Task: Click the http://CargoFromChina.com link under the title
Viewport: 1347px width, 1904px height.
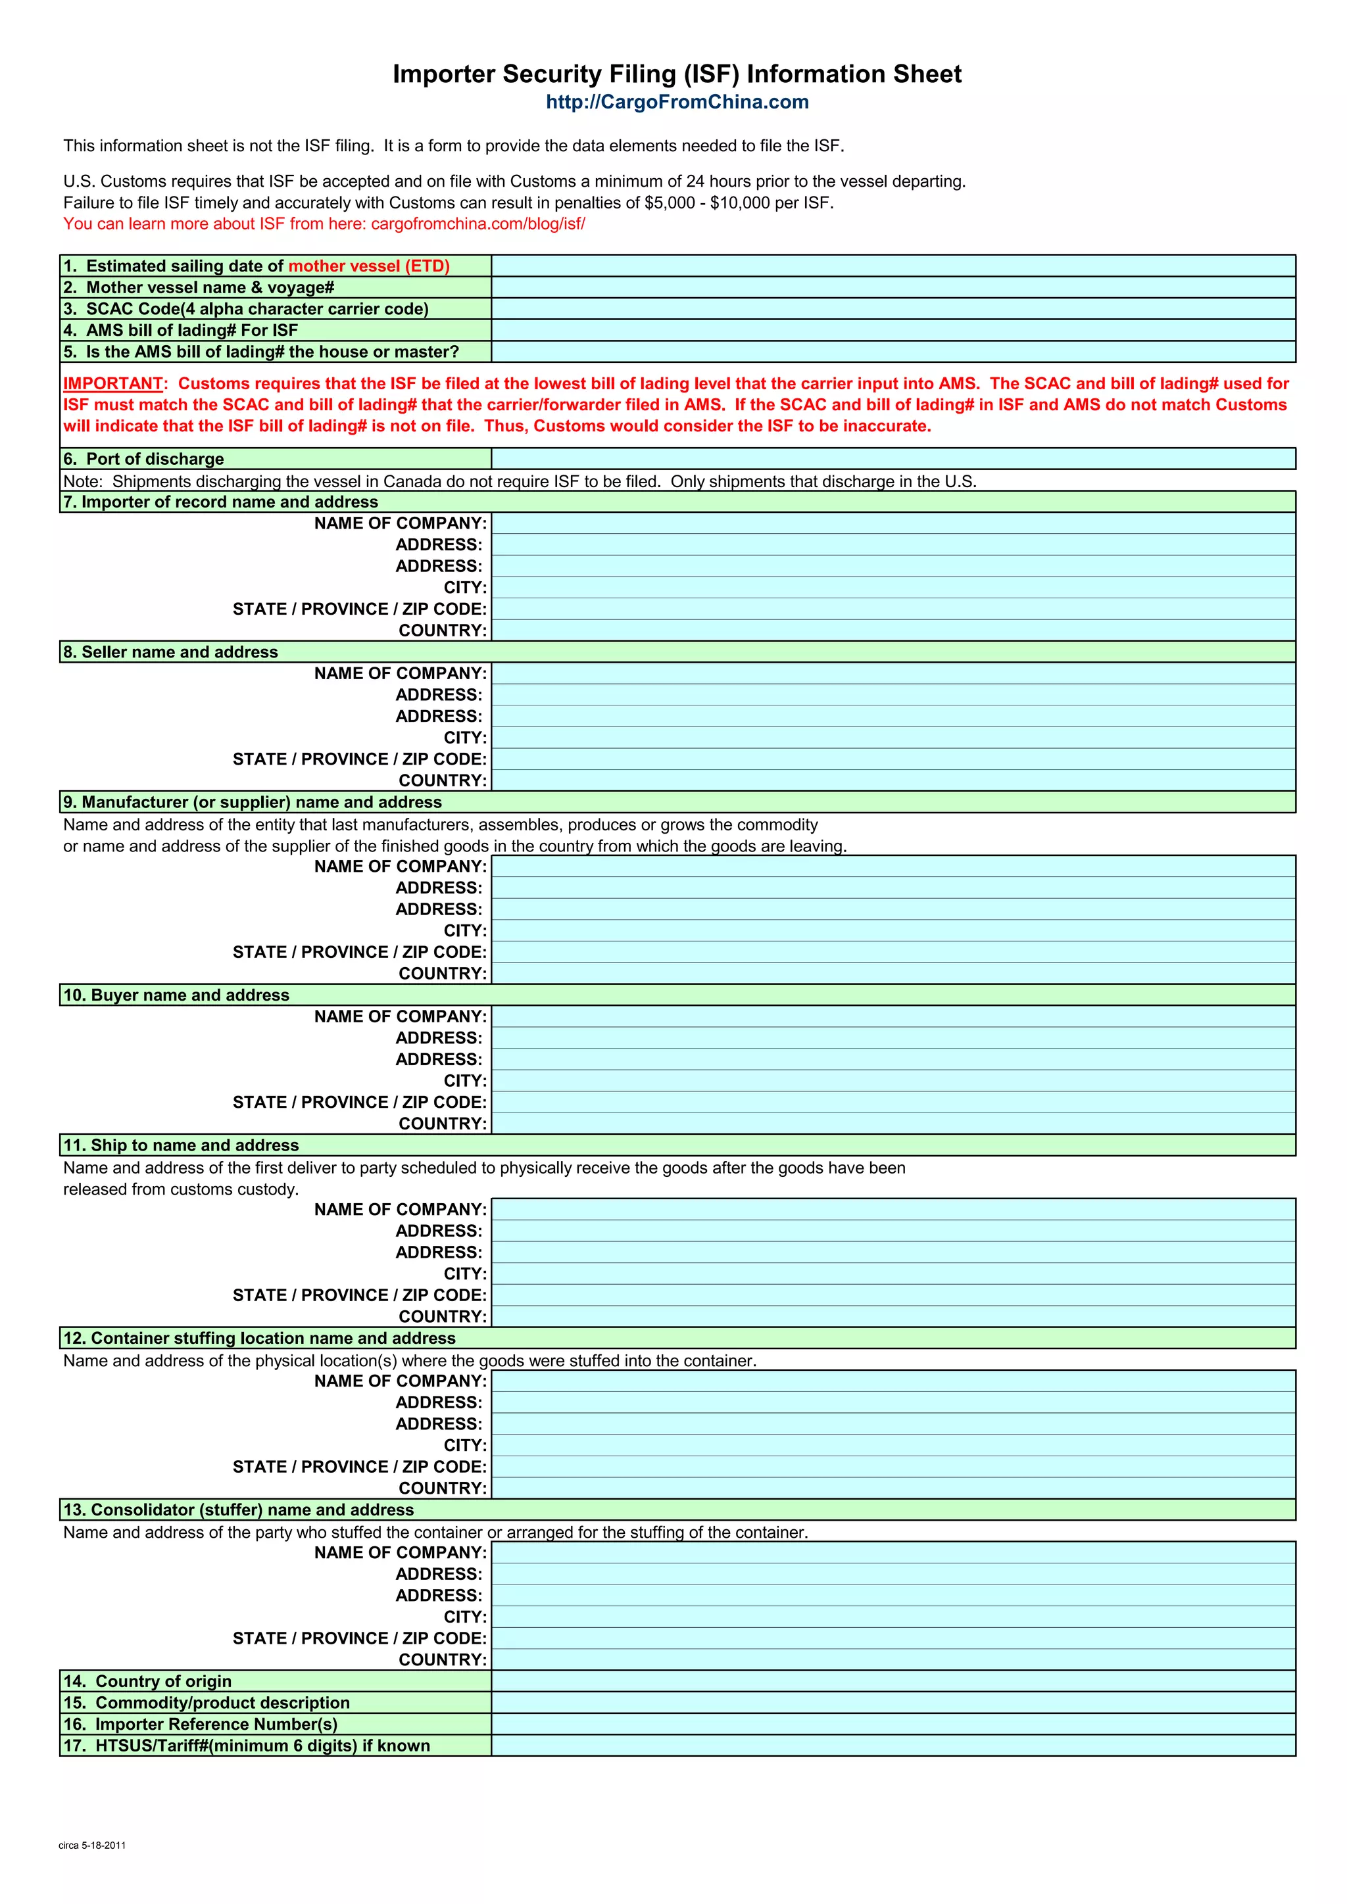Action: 677,102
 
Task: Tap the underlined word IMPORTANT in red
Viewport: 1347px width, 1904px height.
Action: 113,384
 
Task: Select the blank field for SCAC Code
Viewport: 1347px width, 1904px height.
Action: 893,309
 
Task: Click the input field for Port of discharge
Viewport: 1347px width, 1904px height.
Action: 893,459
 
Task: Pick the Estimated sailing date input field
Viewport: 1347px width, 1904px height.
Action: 893,266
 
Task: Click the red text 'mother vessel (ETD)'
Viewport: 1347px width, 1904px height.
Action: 369,266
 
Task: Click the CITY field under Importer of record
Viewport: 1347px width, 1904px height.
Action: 893,588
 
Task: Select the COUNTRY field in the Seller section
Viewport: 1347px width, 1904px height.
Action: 893,780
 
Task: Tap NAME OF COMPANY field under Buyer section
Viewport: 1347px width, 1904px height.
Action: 893,1016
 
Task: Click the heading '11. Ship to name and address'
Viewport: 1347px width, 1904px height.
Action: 181,1145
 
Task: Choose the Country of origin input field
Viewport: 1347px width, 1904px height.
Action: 893,1681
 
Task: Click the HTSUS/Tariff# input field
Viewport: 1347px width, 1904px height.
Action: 893,1746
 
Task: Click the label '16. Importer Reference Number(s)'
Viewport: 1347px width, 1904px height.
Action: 200,1724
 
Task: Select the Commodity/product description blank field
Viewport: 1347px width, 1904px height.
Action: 893,1702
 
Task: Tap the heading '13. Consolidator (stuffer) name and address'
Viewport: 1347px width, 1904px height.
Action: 238,1510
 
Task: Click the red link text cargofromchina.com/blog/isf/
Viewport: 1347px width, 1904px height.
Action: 478,224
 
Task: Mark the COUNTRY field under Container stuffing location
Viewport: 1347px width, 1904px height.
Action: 893,1488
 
